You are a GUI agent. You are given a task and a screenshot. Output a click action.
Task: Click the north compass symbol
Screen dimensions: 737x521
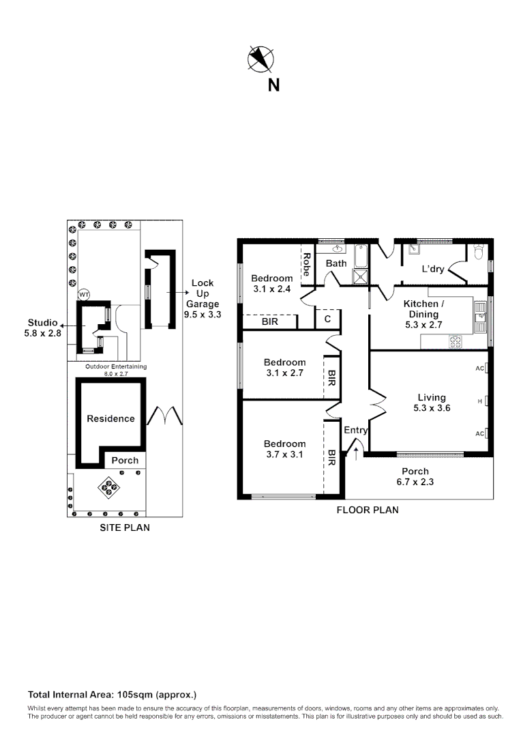point(260,59)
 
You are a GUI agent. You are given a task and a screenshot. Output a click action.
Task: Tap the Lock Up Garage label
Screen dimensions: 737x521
point(203,299)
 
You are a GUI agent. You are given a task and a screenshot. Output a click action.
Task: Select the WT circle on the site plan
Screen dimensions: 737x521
point(84,295)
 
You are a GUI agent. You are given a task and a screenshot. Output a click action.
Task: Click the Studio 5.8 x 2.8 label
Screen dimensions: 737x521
point(42,328)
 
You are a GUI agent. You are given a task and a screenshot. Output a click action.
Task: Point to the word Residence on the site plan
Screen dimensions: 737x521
point(110,418)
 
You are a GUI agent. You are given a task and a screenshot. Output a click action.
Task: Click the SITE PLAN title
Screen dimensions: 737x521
point(125,528)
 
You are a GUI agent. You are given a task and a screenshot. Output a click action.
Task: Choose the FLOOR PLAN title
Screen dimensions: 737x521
point(368,510)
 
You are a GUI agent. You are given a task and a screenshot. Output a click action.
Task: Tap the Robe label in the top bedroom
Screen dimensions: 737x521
point(307,264)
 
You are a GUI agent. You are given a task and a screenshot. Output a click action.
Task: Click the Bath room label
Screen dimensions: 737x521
point(336,263)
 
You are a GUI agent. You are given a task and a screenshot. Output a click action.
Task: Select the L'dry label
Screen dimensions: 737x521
point(432,269)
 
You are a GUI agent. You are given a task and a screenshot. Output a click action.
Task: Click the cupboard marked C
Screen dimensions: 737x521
point(327,319)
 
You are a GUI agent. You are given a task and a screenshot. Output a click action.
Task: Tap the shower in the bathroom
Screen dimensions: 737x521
point(359,276)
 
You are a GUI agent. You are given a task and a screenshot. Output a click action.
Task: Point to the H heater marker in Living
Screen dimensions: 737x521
point(481,401)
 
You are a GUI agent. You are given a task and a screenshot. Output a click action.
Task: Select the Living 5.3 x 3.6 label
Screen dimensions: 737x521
point(432,403)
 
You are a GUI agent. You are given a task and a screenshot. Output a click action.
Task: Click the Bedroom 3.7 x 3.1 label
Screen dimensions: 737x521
point(285,449)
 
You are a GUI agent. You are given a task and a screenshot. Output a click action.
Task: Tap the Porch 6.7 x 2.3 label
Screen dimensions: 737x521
point(415,476)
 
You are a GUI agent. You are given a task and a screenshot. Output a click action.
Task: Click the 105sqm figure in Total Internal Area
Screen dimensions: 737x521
point(130,695)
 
